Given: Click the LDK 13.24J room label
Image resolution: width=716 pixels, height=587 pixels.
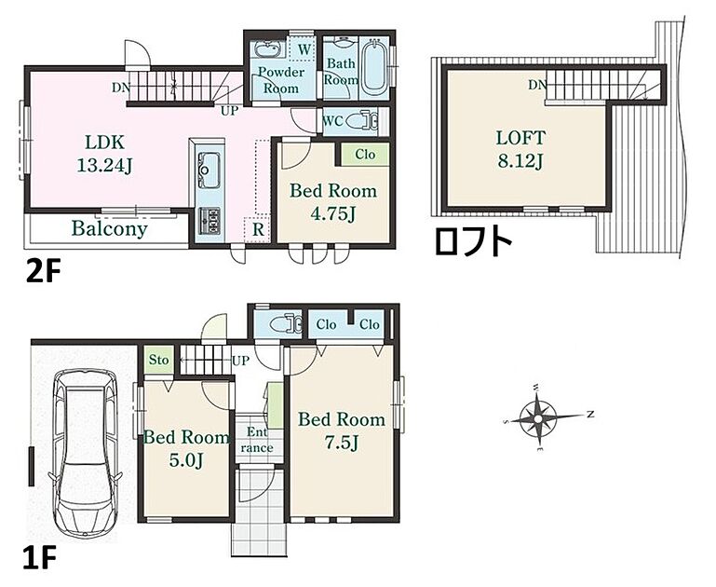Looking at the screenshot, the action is coord(104,154).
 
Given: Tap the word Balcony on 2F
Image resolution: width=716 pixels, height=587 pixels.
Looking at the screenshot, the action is coord(110,228).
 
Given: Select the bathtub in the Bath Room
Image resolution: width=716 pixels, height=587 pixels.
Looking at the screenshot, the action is coord(373,68).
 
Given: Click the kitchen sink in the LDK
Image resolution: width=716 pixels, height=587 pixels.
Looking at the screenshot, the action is coord(209,170).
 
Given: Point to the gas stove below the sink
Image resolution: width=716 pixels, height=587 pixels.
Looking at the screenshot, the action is coord(209,222).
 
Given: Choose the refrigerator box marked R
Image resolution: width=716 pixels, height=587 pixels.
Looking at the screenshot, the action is coord(258,229).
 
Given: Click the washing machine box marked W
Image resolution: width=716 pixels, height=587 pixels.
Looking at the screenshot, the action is coord(304,49).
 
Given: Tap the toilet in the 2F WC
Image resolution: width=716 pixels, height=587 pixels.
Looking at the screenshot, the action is coord(363,121).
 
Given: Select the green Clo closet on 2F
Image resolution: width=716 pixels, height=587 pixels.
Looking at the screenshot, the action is coord(365,155).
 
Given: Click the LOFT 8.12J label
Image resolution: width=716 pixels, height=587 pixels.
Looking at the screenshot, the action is coord(520,149).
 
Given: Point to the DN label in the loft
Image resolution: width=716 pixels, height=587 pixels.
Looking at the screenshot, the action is coord(537,85).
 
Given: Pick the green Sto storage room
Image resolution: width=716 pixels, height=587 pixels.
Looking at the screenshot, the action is coord(159,360).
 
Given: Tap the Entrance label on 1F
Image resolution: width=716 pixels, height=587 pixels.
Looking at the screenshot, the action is coord(257,440).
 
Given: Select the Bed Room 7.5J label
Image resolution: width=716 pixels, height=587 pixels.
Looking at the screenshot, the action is coord(342,430).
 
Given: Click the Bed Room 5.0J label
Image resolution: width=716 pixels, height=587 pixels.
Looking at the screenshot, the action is coord(186,448).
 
